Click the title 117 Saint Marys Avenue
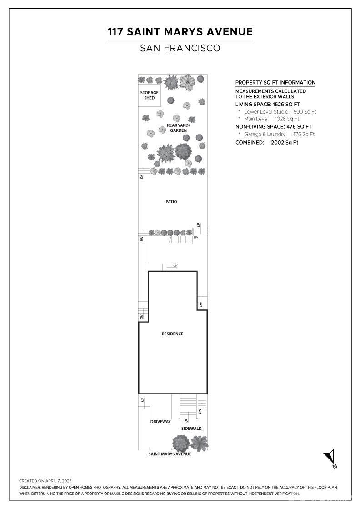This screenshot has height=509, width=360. click(180, 31)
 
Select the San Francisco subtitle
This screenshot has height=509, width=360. click(180, 48)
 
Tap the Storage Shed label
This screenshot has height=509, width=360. click(150, 95)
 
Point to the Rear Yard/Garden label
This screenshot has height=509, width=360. click(178, 128)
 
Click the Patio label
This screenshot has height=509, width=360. click(171, 202)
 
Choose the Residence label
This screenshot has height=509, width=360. click(172, 334)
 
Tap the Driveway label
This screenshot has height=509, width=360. click(160, 422)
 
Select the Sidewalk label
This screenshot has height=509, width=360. click(191, 429)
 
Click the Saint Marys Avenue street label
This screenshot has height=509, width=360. click(170, 454)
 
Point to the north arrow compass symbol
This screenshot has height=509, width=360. click(330, 458)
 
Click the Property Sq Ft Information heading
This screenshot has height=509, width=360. click(275, 82)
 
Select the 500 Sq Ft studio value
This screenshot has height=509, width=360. click(305, 112)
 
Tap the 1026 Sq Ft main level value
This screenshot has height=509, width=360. click(287, 119)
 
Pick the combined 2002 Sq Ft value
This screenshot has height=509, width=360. click(285, 143)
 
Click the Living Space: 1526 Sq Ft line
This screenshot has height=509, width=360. click(268, 104)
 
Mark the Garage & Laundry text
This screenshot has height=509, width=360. click(265, 134)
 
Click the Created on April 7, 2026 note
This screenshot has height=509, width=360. click(45, 481)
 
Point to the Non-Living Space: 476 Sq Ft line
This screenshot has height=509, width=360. click(274, 127)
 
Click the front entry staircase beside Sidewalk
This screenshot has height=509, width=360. click(188, 406)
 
